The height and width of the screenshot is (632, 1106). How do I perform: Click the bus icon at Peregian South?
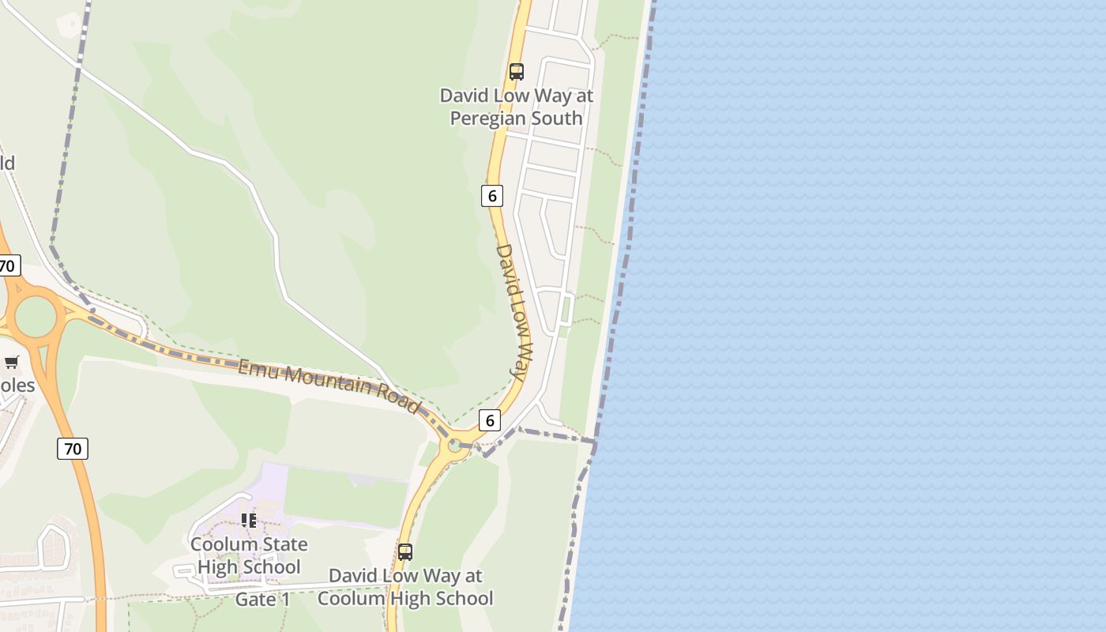517,72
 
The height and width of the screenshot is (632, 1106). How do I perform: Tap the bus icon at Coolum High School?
405,552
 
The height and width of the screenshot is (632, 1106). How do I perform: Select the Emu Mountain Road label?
329,386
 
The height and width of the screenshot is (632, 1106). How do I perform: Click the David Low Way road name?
515,311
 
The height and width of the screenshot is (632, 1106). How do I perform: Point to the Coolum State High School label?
249,555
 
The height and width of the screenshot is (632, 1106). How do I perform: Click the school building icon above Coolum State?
249,521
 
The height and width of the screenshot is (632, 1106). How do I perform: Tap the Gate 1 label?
263,600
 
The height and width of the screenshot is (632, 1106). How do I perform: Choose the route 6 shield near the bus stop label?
492,196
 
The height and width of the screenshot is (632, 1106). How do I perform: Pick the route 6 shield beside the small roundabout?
490,420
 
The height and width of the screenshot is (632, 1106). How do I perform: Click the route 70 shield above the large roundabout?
7,265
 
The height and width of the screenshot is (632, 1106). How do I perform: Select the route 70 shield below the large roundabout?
72,449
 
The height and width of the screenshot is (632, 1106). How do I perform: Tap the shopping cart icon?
12,363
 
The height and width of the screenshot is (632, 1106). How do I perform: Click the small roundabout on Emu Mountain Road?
454,446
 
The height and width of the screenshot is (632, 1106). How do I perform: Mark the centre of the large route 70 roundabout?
36,317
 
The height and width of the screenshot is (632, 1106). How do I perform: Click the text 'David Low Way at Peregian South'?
516,107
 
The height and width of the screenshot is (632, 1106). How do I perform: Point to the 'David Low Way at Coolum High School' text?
405,587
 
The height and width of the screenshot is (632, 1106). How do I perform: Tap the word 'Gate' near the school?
252,600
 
